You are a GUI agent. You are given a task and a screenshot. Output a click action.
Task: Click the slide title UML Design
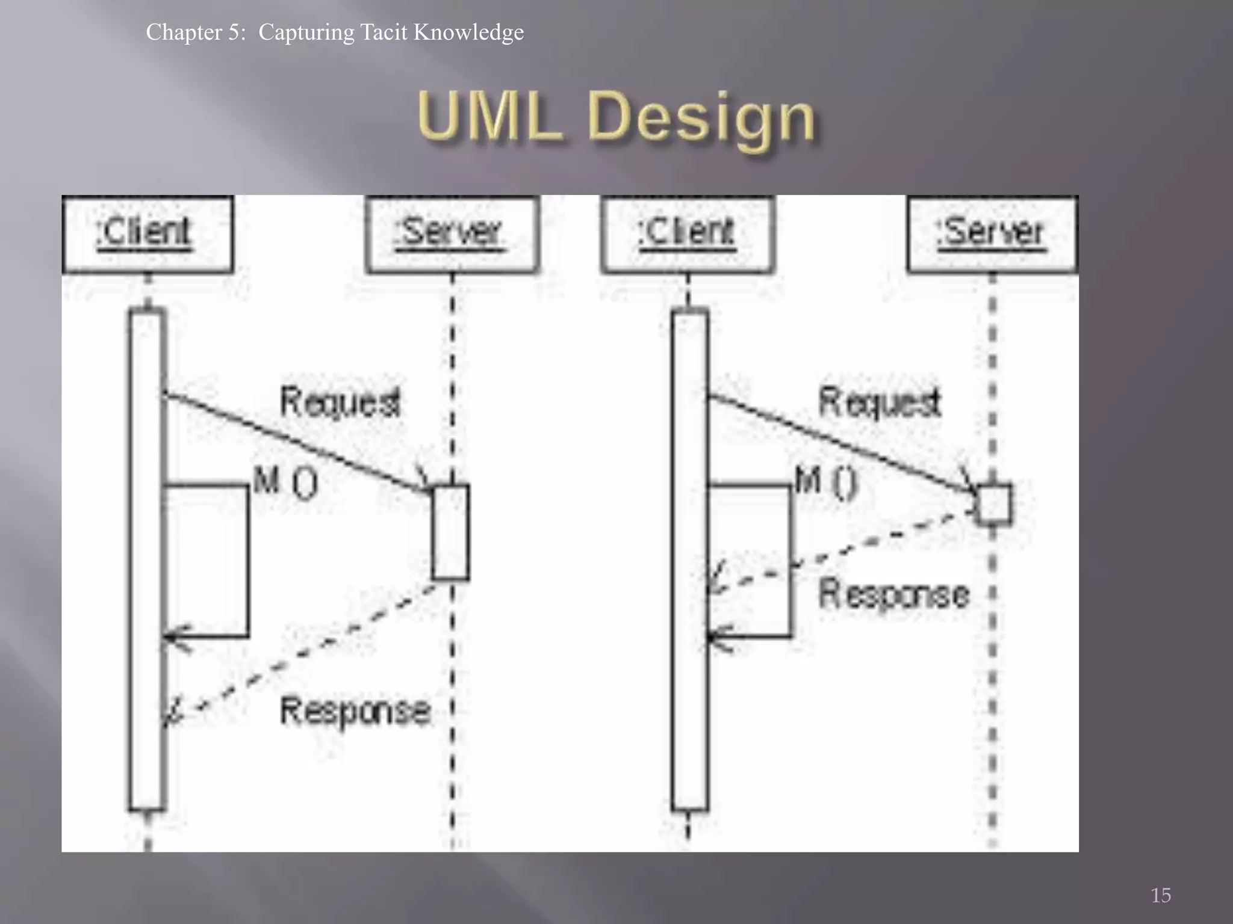pos(616,117)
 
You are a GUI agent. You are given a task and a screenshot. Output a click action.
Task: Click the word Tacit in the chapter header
pos(384,32)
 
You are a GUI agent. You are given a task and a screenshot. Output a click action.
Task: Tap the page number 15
pos(1161,895)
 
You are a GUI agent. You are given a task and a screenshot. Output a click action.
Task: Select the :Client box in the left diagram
pos(148,233)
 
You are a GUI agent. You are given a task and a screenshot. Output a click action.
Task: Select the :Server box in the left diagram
pos(452,233)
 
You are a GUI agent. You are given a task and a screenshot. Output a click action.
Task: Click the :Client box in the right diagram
pos(688,233)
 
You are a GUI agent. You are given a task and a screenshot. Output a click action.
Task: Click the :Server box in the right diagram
pos(992,233)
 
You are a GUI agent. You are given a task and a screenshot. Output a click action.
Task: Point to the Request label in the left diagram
pos(340,402)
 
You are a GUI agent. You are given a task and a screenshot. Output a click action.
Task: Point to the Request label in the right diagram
pos(879,402)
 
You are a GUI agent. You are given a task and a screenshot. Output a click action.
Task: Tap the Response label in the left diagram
pos(355,711)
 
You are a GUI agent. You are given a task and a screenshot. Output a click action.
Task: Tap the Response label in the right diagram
pos(894,594)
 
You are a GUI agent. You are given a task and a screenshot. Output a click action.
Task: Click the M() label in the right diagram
pos(825,482)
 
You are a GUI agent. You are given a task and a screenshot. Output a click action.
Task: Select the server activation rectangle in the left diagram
pos(451,532)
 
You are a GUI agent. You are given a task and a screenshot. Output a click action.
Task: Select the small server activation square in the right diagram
pos(994,504)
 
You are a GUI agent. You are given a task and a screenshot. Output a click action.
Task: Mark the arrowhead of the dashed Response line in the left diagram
pos(173,713)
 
